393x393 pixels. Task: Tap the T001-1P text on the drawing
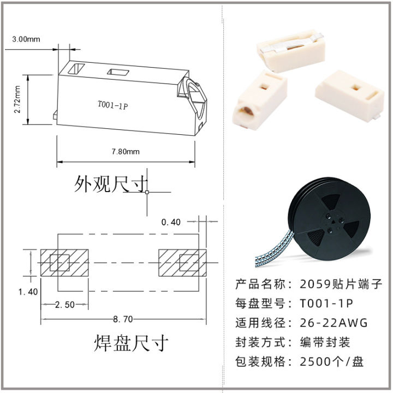(112, 106)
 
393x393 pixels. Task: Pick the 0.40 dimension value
(171, 222)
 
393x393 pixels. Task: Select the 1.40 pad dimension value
(28, 291)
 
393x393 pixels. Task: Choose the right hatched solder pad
(182, 263)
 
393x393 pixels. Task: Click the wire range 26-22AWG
(334, 322)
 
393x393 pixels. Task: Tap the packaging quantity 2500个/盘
(332, 361)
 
